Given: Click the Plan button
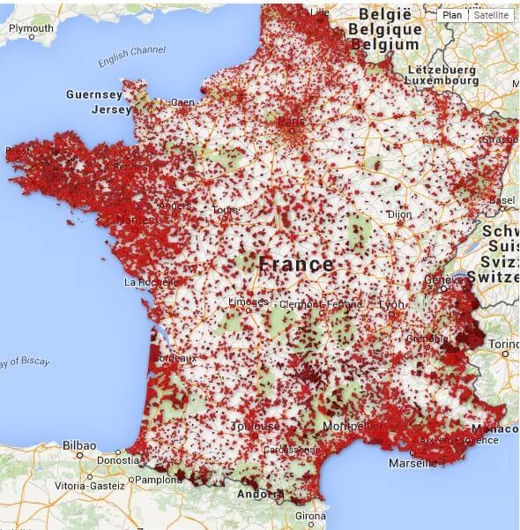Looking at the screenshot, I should (452, 15).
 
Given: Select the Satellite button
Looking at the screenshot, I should (490, 15).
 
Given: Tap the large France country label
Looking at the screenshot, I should (296, 264).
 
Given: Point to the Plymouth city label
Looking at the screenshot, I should (31, 27).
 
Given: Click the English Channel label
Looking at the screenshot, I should (131, 56).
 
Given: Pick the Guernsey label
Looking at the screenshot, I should (93, 94).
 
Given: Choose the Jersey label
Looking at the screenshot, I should (111, 110).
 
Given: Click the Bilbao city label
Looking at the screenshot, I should (80, 446).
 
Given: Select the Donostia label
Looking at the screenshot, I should (115, 460).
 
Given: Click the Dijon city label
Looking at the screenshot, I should (399, 213).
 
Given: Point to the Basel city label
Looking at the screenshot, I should (502, 200).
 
